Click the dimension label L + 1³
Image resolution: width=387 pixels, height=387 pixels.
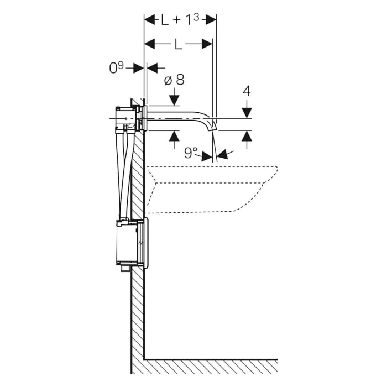(x=179, y=20)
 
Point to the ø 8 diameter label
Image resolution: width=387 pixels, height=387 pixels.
(x=174, y=80)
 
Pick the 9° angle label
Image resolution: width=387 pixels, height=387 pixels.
(x=191, y=152)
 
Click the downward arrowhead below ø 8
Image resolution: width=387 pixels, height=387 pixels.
(x=174, y=100)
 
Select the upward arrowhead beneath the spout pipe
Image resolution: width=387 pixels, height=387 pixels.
(x=174, y=137)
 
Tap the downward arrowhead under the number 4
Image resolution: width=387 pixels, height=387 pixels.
(x=247, y=111)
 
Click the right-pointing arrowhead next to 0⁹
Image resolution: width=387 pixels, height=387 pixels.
(x=139, y=68)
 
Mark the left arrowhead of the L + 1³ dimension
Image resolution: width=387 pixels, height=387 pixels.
(x=149, y=20)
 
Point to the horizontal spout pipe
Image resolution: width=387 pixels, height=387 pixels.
(x=177, y=118)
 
